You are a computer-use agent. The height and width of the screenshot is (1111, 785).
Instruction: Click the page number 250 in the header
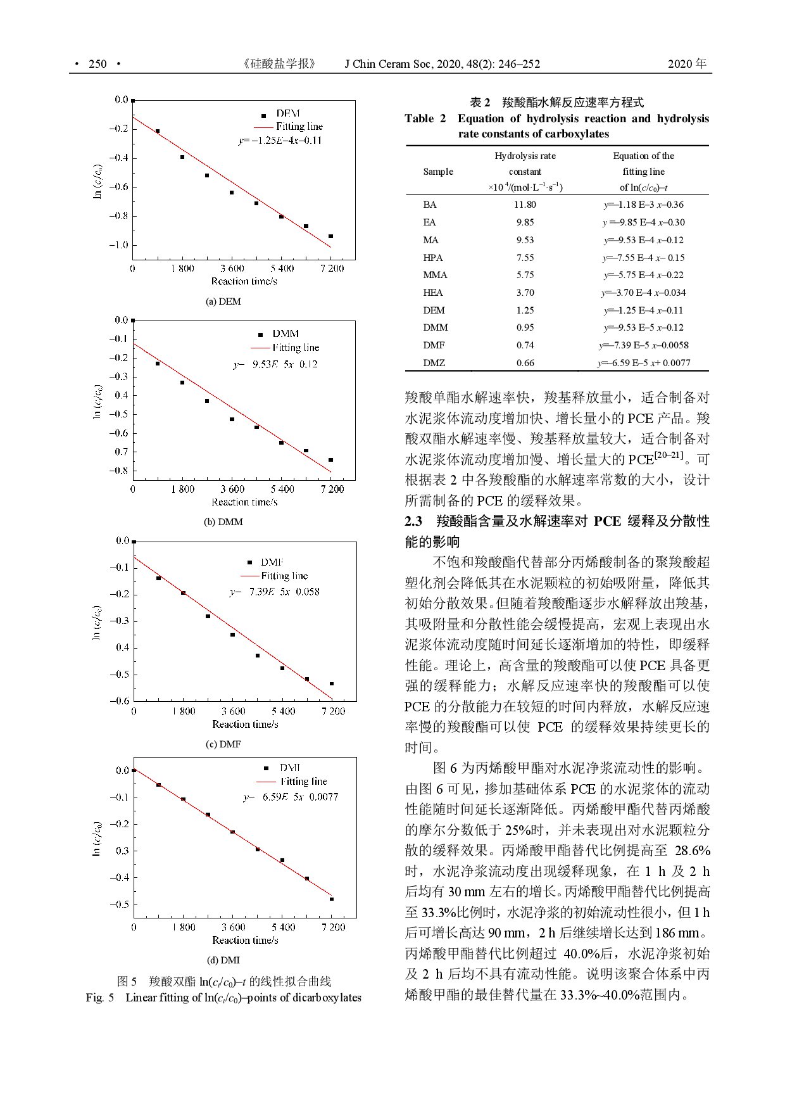(x=98, y=64)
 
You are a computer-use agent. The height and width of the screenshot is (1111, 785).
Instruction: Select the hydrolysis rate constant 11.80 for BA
(x=525, y=205)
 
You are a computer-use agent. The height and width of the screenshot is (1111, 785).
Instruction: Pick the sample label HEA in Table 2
(x=433, y=293)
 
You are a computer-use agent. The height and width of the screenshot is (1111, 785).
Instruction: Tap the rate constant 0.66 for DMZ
(x=525, y=363)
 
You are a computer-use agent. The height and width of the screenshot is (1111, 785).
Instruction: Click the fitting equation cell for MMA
(x=643, y=275)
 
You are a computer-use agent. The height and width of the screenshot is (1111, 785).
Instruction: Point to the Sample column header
(x=438, y=172)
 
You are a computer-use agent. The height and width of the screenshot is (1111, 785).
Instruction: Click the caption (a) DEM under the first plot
(x=223, y=302)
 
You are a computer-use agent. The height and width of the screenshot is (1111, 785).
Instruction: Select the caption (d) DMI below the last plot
(x=223, y=960)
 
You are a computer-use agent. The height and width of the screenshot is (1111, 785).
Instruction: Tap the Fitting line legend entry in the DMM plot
(x=295, y=348)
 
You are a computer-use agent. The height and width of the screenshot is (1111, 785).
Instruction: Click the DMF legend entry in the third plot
(x=272, y=562)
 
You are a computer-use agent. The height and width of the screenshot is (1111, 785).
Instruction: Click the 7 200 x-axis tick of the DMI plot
(x=333, y=927)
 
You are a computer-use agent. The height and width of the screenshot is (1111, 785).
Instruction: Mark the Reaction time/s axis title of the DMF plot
(x=245, y=724)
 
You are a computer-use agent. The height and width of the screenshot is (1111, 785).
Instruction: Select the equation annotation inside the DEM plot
(x=280, y=141)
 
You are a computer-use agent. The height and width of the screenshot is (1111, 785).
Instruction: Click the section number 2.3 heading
(x=413, y=521)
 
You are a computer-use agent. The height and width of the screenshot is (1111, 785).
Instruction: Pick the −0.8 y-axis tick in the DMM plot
(x=118, y=471)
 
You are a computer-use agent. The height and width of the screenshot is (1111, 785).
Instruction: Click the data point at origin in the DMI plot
(x=134, y=770)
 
